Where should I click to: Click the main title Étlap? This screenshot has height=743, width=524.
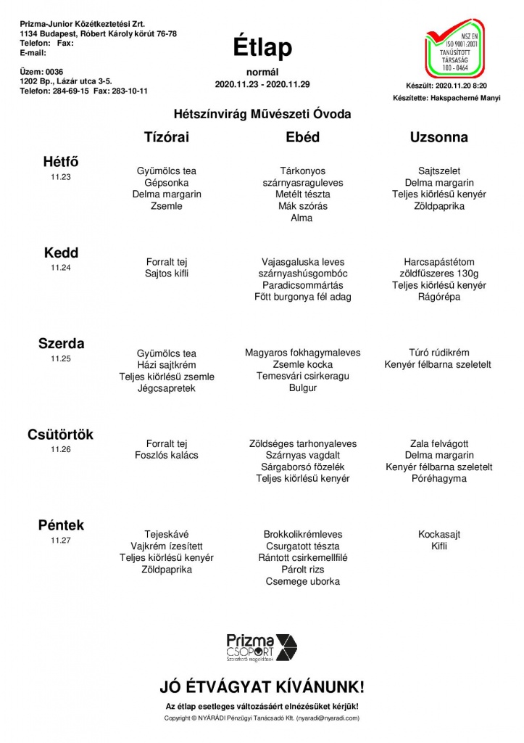pyautogui.click(x=262, y=47)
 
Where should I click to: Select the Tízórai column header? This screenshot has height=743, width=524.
pyautogui.click(x=167, y=137)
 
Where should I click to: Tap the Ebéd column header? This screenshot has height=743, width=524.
pyautogui.click(x=302, y=137)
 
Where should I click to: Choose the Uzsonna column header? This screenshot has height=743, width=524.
pyautogui.click(x=438, y=137)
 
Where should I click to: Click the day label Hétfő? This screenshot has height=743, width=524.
pyautogui.click(x=61, y=162)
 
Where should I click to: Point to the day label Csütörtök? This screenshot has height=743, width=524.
pyautogui.click(x=61, y=435)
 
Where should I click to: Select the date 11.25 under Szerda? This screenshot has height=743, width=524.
pyautogui.click(x=61, y=358)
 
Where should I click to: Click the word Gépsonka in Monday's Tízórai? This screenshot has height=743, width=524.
pyautogui.click(x=167, y=183)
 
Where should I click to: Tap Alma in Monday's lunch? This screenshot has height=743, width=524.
pyautogui.click(x=301, y=218)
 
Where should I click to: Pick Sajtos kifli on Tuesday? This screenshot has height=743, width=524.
pyautogui.click(x=167, y=274)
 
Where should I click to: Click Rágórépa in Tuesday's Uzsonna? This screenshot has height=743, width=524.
pyautogui.click(x=439, y=297)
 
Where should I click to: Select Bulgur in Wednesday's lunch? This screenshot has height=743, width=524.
pyautogui.click(x=302, y=388)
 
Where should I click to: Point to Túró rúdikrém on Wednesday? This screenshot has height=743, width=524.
pyautogui.click(x=438, y=353)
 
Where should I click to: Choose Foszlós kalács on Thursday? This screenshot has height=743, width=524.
pyautogui.click(x=167, y=455)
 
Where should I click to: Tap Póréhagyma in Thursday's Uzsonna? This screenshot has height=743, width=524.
pyautogui.click(x=439, y=479)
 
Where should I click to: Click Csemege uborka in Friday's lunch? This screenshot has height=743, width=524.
pyautogui.click(x=302, y=581)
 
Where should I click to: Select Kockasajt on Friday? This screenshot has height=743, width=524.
pyautogui.click(x=439, y=534)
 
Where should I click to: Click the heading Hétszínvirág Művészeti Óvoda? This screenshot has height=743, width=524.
pyautogui.click(x=262, y=114)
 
